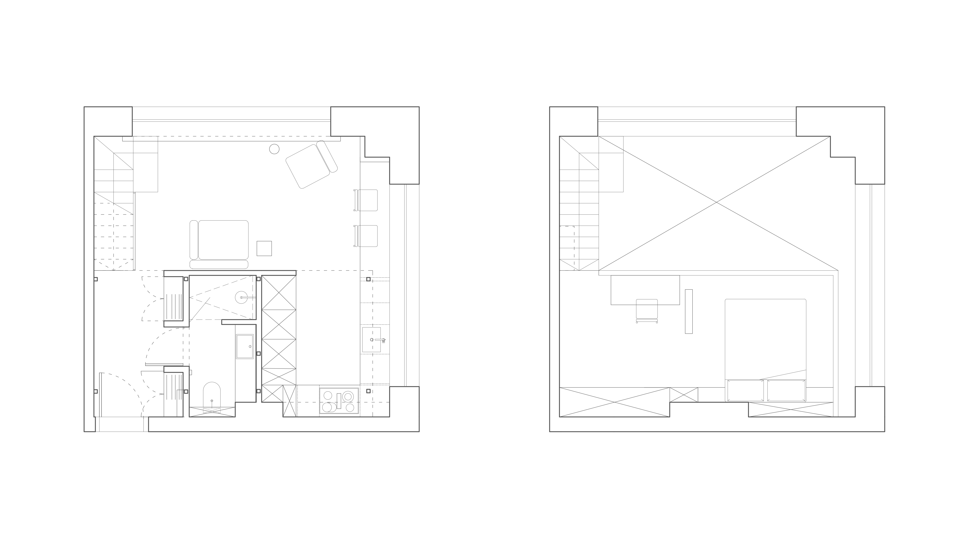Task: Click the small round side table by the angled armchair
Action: [x=274, y=149]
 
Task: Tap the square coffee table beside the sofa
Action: [x=264, y=248]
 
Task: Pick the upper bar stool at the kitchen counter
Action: [x=367, y=200]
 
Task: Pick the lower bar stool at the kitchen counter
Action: [x=367, y=236]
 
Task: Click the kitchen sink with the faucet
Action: [x=372, y=340]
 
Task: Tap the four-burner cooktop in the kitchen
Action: [x=339, y=401]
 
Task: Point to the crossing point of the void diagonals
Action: [x=717, y=203]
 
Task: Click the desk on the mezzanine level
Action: [x=645, y=290]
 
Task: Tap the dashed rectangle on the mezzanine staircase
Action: [x=567, y=248]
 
